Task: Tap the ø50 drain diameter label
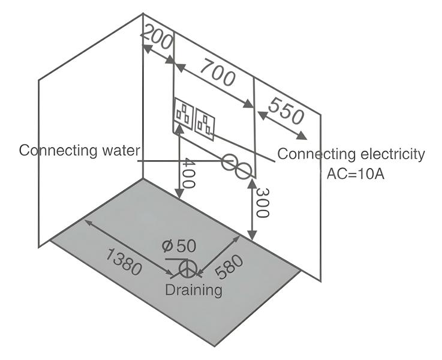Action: [178, 247]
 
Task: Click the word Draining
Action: [194, 290]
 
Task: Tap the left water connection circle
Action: [228, 162]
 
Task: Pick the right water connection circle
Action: [243, 170]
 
